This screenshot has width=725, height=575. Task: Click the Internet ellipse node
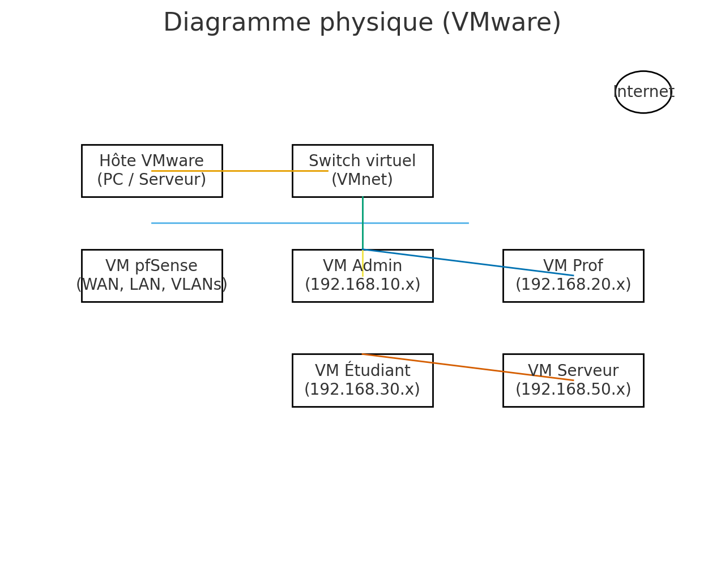point(643,92)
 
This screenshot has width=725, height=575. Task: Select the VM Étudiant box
point(362,391)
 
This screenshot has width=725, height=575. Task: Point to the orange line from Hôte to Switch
point(255,171)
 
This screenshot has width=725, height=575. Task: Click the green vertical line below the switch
point(362,210)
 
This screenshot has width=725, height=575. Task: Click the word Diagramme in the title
point(237,23)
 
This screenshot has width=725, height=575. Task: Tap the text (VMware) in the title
point(501,23)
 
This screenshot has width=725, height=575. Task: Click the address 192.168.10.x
point(362,285)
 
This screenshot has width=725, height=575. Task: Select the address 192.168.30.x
point(362,390)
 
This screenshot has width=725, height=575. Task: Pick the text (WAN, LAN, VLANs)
point(151,285)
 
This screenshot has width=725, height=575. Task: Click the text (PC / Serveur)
point(151,180)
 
